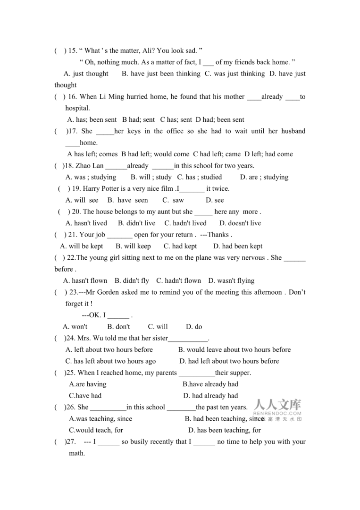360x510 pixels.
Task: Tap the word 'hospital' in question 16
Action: pos(77,108)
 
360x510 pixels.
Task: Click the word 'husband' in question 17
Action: pos(293,131)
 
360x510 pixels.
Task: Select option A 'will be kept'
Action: pos(82,246)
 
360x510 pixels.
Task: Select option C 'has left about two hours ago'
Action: pos(111,361)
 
